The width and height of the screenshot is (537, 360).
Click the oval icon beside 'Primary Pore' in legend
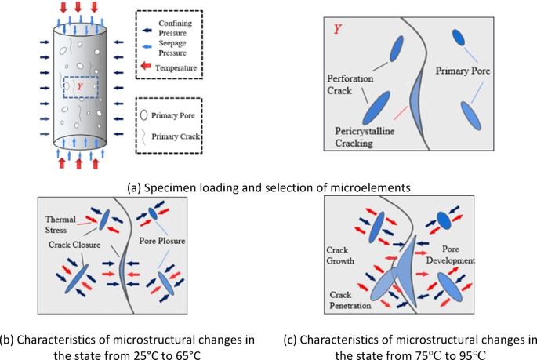(x=143, y=115)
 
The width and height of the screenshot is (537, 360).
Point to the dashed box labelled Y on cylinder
(x=81, y=85)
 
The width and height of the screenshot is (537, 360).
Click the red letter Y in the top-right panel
(x=337, y=30)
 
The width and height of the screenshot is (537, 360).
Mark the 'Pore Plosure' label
(x=164, y=242)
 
